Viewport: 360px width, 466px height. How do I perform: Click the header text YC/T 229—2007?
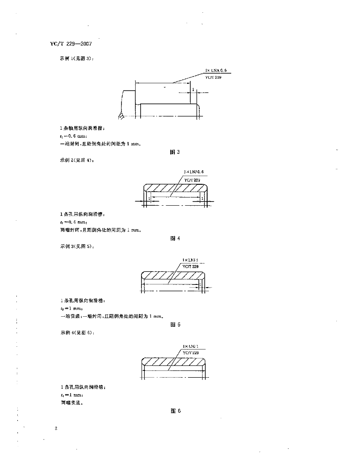(71, 44)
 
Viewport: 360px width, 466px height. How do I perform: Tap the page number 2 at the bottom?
(55, 428)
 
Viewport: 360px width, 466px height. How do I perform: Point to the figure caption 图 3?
(175, 152)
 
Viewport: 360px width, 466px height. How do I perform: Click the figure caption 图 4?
(175, 238)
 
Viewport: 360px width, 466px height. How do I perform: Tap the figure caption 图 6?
(176, 411)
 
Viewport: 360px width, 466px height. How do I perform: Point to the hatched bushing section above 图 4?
(175, 188)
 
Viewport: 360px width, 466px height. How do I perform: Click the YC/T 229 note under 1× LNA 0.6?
(213, 78)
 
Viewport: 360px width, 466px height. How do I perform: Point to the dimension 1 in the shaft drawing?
(193, 90)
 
